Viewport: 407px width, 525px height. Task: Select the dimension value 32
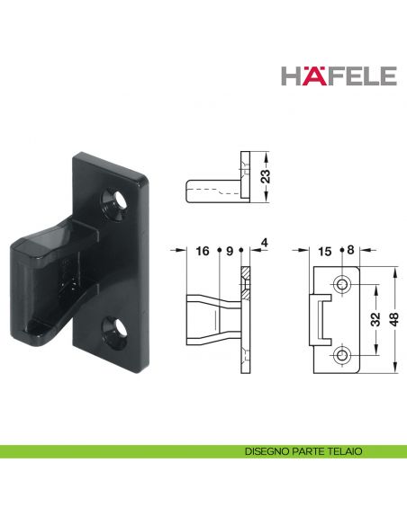(375, 319)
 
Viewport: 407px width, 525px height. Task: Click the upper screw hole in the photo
(115, 198)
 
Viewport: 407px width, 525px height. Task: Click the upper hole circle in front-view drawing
(342, 285)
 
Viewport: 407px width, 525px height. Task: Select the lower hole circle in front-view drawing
(342, 355)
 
